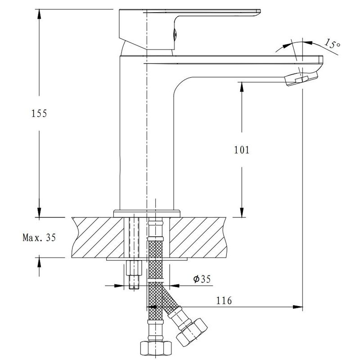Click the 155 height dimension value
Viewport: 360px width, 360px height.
(x=39, y=113)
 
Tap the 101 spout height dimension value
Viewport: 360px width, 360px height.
(x=242, y=150)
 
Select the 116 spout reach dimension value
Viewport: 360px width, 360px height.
(x=224, y=300)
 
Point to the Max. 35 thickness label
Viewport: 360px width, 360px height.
(x=39, y=238)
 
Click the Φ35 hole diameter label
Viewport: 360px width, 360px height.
(x=202, y=279)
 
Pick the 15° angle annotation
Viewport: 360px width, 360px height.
(x=332, y=44)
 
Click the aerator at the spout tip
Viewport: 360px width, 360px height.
(x=301, y=79)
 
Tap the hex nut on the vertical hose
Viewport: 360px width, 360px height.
(x=156, y=348)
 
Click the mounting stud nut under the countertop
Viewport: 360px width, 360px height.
(x=134, y=268)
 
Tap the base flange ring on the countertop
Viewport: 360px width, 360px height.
(x=147, y=213)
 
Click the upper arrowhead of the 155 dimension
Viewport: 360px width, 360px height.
(x=39, y=14)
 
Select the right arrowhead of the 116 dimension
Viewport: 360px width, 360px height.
(x=297, y=307)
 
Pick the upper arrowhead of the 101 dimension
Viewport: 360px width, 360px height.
(x=242, y=87)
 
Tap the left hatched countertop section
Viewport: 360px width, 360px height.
(x=98, y=238)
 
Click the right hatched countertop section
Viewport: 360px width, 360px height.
(x=198, y=238)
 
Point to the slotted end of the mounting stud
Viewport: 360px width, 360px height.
(x=134, y=287)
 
